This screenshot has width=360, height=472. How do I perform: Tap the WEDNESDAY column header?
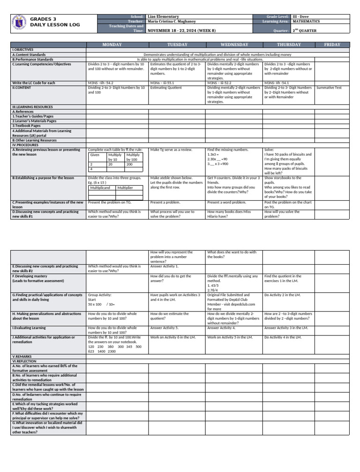click(x=234, y=45)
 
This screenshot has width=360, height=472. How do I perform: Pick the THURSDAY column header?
click(x=289, y=45)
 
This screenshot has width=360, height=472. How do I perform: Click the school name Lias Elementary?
click(x=163, y=16)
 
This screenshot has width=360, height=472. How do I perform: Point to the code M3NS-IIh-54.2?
click(x=101, y=83)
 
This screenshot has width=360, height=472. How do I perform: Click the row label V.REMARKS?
click(x=23, y=357)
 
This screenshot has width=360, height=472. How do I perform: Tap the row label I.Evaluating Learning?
click(x=29, y=328)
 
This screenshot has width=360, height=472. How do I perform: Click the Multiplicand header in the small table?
click(x=103, y=187)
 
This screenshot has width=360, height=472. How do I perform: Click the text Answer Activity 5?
click(x=164, y=328)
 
